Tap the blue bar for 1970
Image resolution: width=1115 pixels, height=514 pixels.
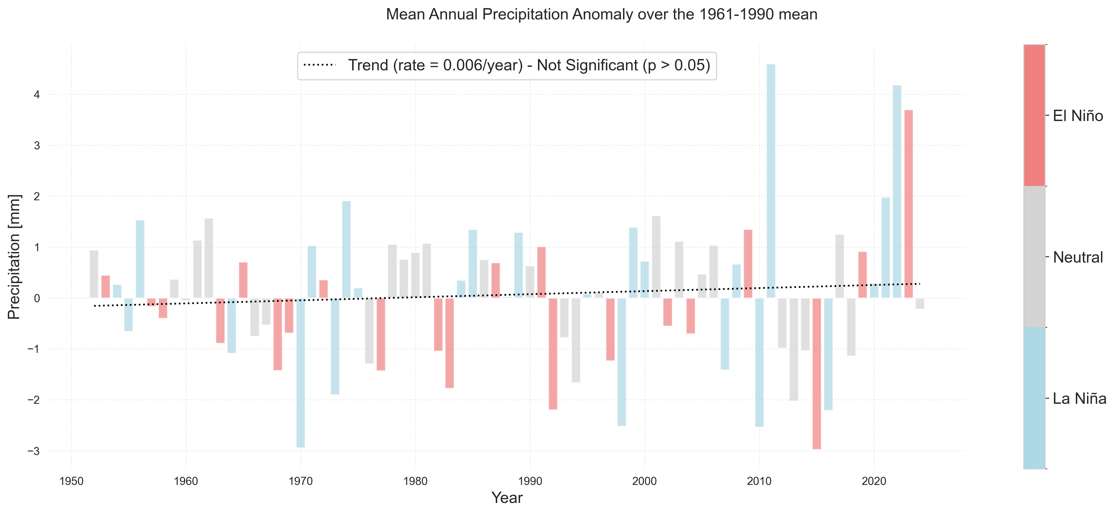click(x=300, y=372)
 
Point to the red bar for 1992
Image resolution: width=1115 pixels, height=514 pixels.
click(x=553, y=353)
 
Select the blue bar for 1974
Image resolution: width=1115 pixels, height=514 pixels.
click(x=346, y=249)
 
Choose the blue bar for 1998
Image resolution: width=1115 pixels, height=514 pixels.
click(x=621, y=361)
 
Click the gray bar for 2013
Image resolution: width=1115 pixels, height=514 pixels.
click(x=794, y=349)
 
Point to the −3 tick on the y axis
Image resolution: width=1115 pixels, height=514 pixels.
click(x=33, y=451)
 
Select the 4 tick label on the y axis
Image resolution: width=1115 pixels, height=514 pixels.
click(x=37, y=94)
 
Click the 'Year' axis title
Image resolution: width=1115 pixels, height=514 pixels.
click(x=507, y=498)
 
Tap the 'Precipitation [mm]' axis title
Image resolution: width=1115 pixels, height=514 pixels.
click(x=14, y=257)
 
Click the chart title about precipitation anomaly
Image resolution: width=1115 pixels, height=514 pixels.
click(x=601, y=14)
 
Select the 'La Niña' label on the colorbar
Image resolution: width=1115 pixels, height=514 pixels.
click(x=1079, y=398)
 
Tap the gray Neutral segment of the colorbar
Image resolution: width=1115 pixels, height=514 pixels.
click(x=1034, y=257)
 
